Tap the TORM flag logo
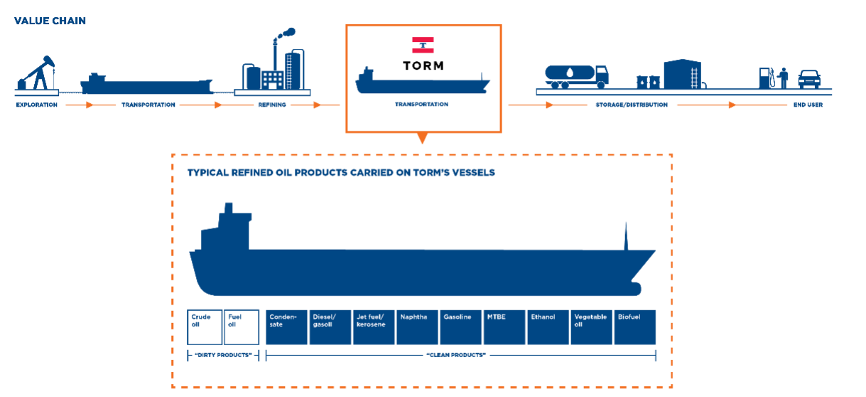[423, 46]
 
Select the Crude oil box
[205, 327]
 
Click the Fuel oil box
[241, 327]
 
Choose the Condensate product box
[286, 327]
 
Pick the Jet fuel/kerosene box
[374, 327]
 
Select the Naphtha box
[417, 327]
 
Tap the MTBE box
[504, 327]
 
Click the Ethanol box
[547, 327]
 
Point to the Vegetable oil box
[591, 327]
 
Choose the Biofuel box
[634, 327]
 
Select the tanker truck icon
[576, 76]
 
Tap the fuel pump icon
[766, 78]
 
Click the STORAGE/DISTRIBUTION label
[631, 105]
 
